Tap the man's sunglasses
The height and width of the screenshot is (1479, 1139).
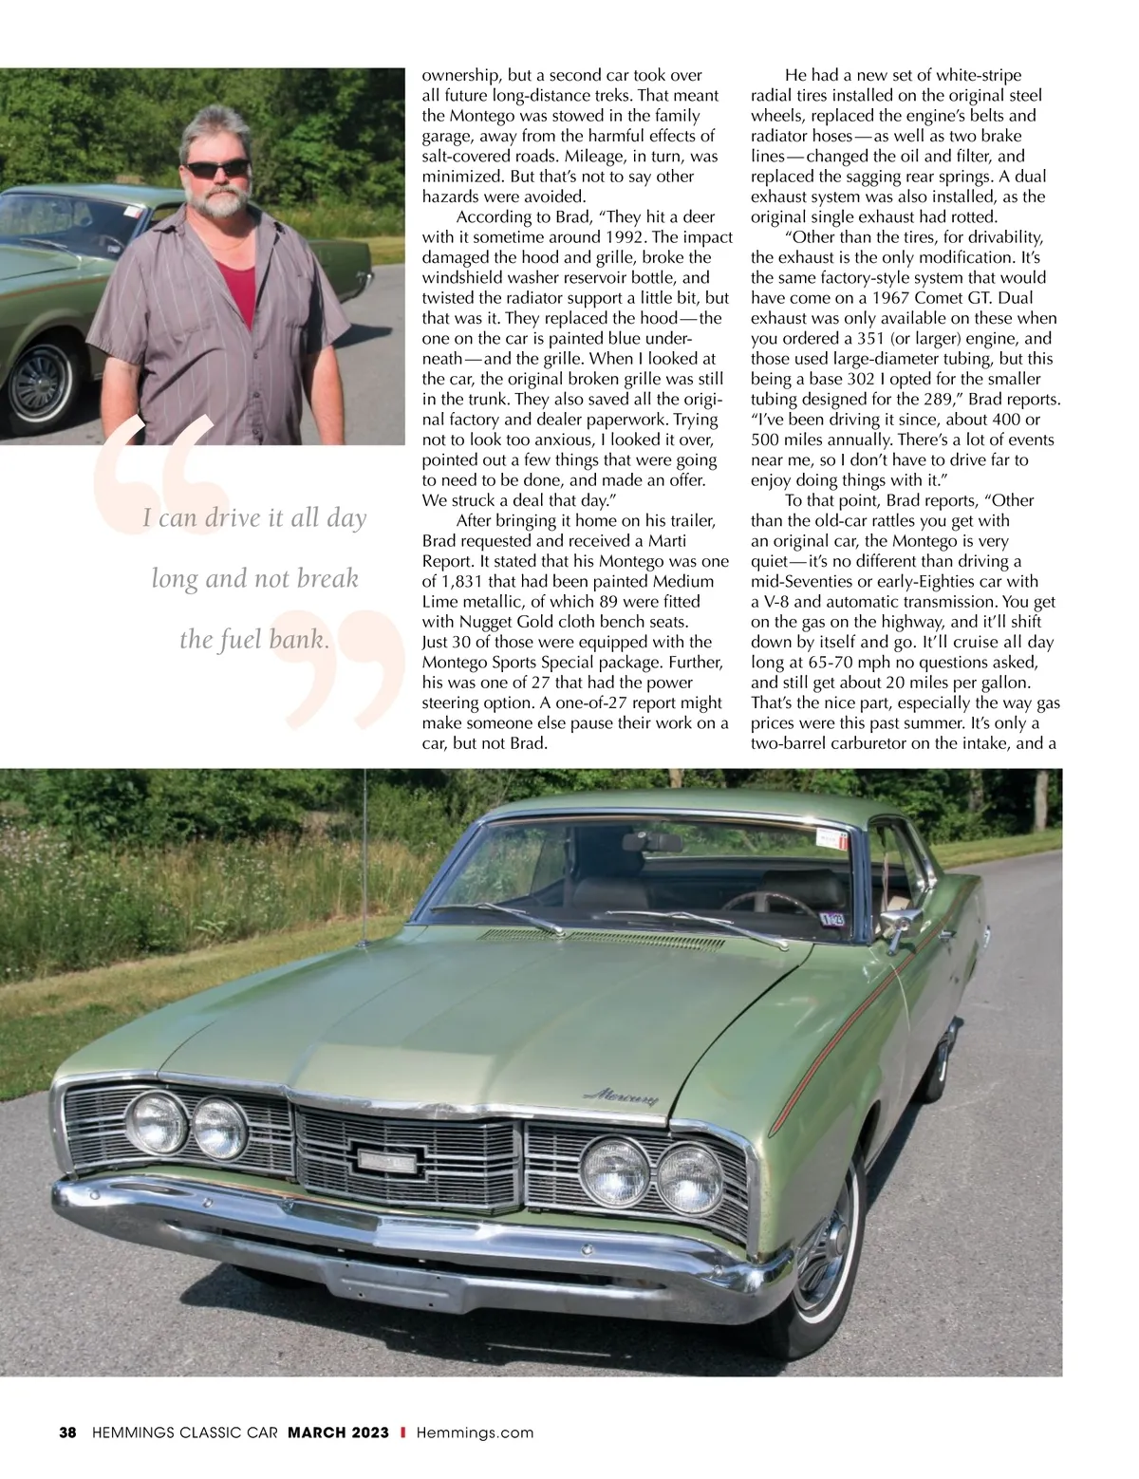pyautogui.click(x=216, y=170)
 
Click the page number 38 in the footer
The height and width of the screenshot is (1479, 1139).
pyautogui.click(x=67, y=1432)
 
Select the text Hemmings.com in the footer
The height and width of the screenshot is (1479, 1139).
pyautogui.click(x=475, y=1432)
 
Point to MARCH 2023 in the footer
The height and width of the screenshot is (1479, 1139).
pyautogui.click(x=339, y=1432)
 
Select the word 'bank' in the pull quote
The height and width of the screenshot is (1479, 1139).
pyautogui.click(x=296, y=640)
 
